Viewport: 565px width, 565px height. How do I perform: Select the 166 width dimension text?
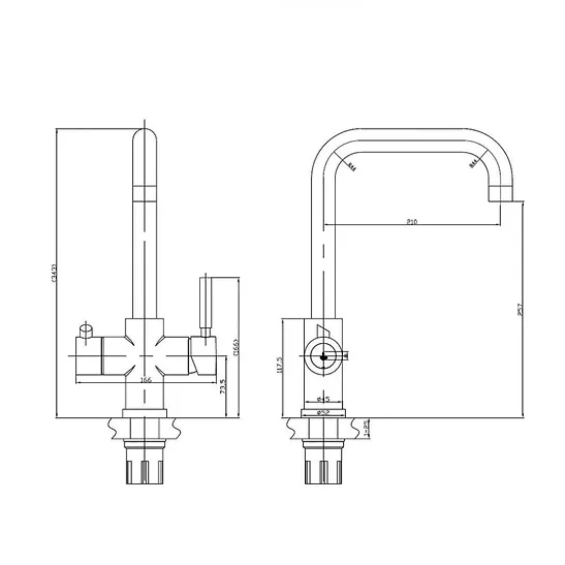(x=146, y=380)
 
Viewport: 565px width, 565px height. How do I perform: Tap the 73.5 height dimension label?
(x=223, y=388)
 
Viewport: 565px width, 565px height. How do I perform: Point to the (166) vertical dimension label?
(x=236, y=347)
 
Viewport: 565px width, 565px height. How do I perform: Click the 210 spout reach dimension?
(x=412, y=222)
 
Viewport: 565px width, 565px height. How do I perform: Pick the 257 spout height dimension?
(x=520, y=310)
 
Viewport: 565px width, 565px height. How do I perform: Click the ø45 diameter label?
(x=324, y=400)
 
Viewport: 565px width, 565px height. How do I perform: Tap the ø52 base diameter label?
(x=324, y=412)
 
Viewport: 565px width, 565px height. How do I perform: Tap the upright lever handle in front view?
(x=206, y=303)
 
